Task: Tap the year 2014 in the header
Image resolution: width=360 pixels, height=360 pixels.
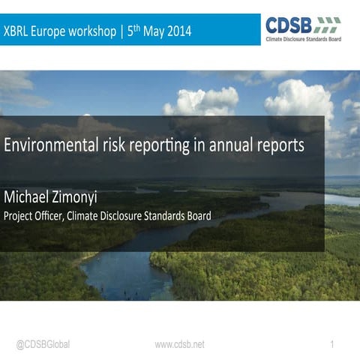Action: pyautogui.click(x=177, y=31)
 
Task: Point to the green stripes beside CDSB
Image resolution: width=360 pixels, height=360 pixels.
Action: pyautogui.click(x=327, y=22)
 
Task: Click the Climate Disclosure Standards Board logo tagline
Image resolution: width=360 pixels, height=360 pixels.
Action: pyautogui.click(x=303, y=37)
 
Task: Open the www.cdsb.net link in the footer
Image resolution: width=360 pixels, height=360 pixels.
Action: pyautogui.click(x=179, y=344)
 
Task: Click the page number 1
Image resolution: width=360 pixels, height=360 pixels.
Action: pyautogui.click(x=331, y=344)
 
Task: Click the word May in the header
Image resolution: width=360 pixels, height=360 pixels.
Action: pyautogui.click(x=151, y=32)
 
